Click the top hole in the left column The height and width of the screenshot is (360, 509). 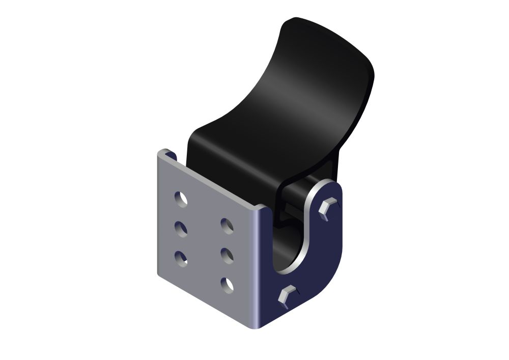tap(181, 199)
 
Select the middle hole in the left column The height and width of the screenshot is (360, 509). tap(181, 229)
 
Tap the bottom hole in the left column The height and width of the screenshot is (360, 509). tap(181, 259)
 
